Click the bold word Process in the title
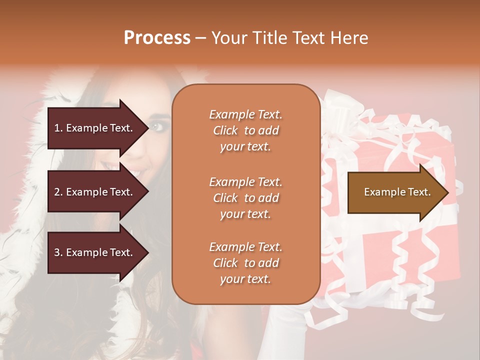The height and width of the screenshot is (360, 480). (157, 37)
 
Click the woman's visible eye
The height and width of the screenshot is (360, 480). (160, 125)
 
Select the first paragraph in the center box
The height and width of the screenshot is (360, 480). (245, 130)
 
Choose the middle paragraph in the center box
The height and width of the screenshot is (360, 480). (245, 198)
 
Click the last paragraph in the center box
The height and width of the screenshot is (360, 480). (245, 263)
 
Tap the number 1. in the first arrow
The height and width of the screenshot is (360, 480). (58, 128)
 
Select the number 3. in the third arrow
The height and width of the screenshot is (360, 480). (58, 252)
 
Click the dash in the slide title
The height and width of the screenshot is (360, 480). (201, 38)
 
